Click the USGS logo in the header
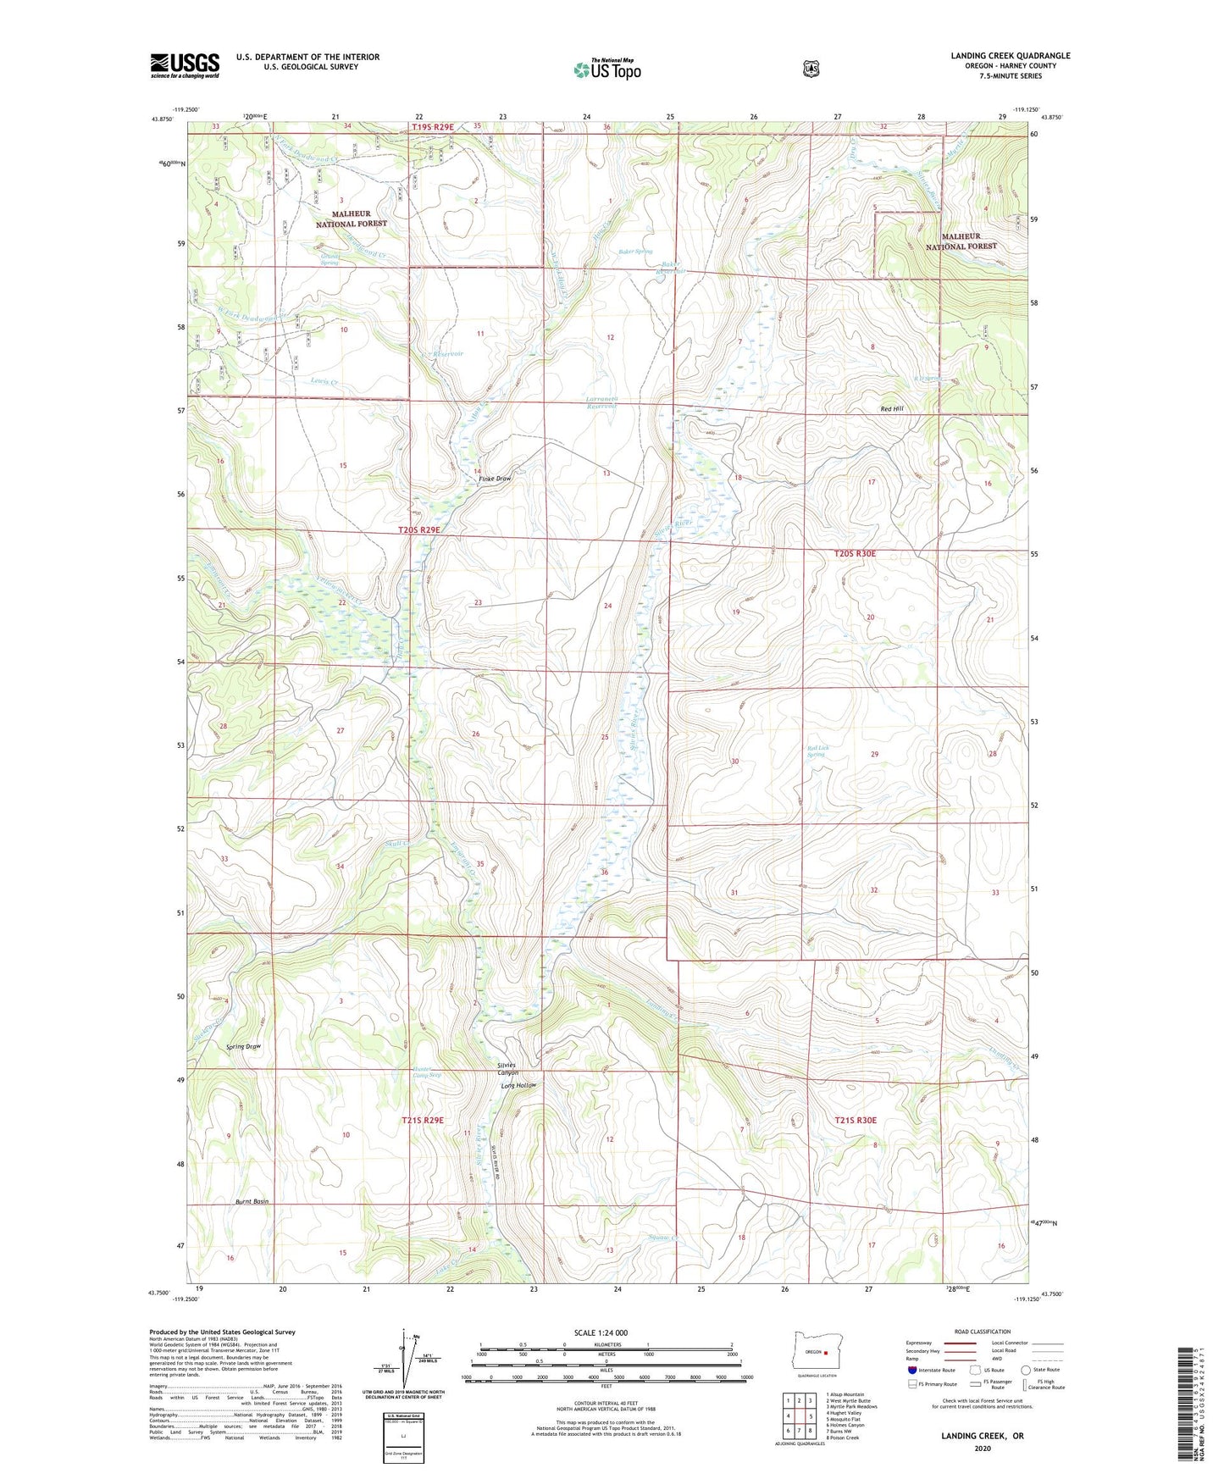[185, 65]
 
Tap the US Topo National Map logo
[606, 69]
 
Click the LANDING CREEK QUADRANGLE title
[1010, 56]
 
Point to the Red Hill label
[892, 409]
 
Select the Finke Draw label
[496, 479]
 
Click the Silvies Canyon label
[507, 1069]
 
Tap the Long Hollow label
[518, 1085]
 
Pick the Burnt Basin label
[252, 1202]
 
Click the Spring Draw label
[244, 1046]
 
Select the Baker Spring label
[635, 252]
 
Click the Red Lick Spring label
[816, 751]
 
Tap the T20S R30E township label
[855, 553]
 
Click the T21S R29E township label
[422, 1120]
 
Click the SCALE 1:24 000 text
[601, 1332]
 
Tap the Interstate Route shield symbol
[911, 1370]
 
